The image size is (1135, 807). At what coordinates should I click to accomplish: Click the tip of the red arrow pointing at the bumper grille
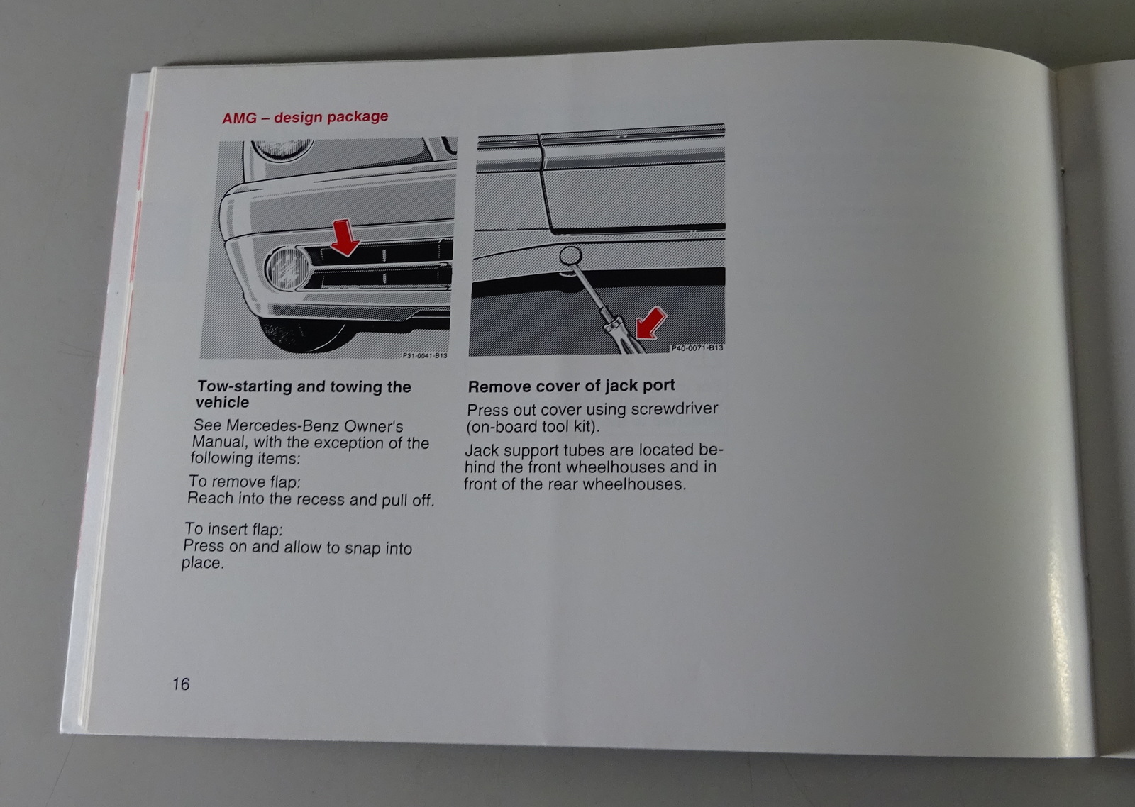tap(345, 255)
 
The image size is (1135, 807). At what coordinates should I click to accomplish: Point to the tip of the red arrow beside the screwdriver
tap(638, 337)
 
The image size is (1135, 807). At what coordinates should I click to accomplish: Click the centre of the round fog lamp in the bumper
tap(287, 268)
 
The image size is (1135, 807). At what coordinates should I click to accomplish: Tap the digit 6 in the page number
tap(185, 684)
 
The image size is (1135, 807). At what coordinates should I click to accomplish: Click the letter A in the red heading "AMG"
tap(228, 119)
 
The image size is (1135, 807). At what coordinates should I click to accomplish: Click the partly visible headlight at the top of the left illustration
tap(282, 150)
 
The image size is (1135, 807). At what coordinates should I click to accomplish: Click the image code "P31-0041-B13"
tap(425, 355)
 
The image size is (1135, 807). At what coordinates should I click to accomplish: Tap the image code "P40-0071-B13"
tap(697, 348)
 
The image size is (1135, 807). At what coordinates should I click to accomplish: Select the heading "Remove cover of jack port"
tap(571, 386)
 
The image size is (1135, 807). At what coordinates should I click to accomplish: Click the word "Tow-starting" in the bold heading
tap(244, 386)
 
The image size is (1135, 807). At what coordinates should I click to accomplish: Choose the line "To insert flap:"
tap(233, 529)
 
